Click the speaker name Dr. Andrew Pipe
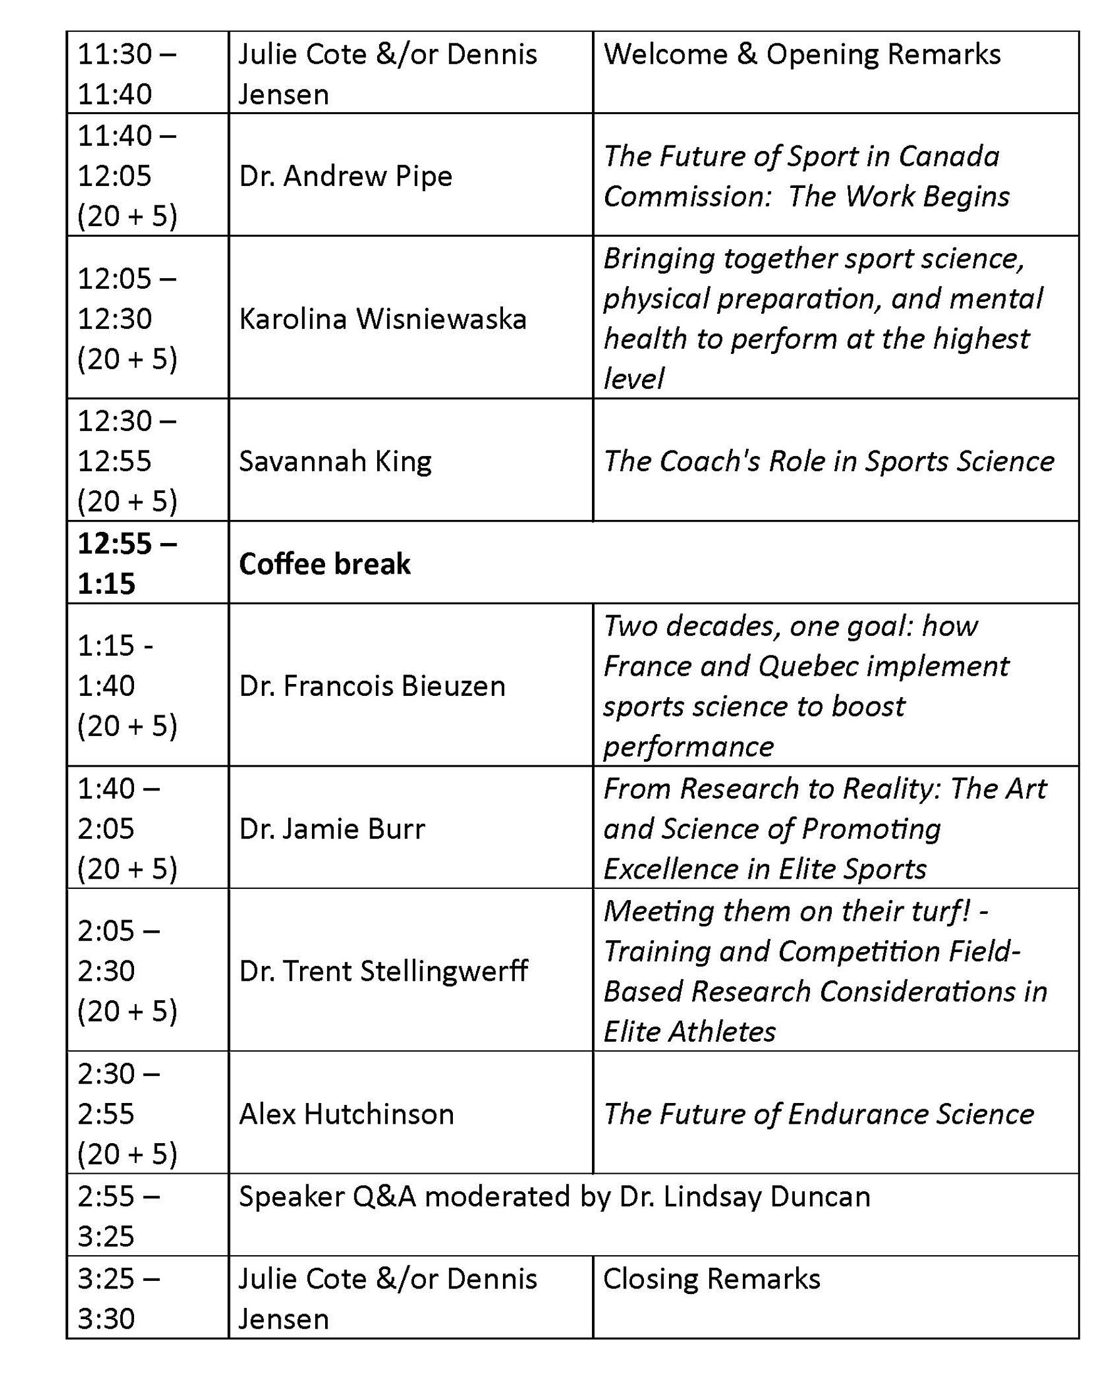(345, 176)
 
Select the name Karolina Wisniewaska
(383, 319)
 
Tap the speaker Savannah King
(335, 461)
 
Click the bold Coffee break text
(324, 564)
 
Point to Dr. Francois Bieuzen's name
(371, 686)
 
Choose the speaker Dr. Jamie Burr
(331, 829)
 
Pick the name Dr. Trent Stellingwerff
(383, 971)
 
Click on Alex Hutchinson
(346, 1114)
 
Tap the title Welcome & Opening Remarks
(802, 54)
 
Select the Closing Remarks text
(712, 1278)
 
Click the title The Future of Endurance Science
(818, 1114)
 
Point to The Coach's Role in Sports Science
(828, 461)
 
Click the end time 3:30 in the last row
(106, 1319)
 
